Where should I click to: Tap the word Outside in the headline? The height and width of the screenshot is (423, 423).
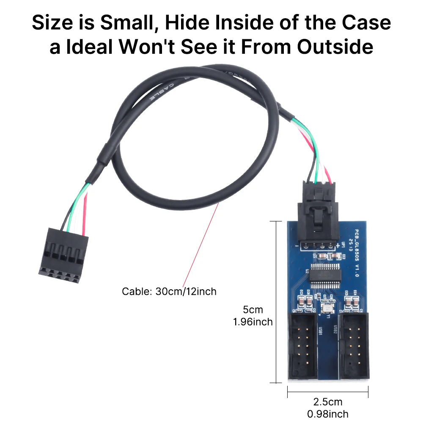tap(335, 47)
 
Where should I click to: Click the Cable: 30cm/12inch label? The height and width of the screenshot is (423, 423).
tap(169, 291)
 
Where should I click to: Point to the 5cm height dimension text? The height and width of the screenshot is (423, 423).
tap(253, 310)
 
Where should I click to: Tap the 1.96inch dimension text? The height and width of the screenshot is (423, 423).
tap(253, 322)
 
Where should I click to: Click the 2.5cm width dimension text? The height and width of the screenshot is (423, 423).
tap(327, 401)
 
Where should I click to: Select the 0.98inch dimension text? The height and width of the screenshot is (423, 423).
tap(327, 413)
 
